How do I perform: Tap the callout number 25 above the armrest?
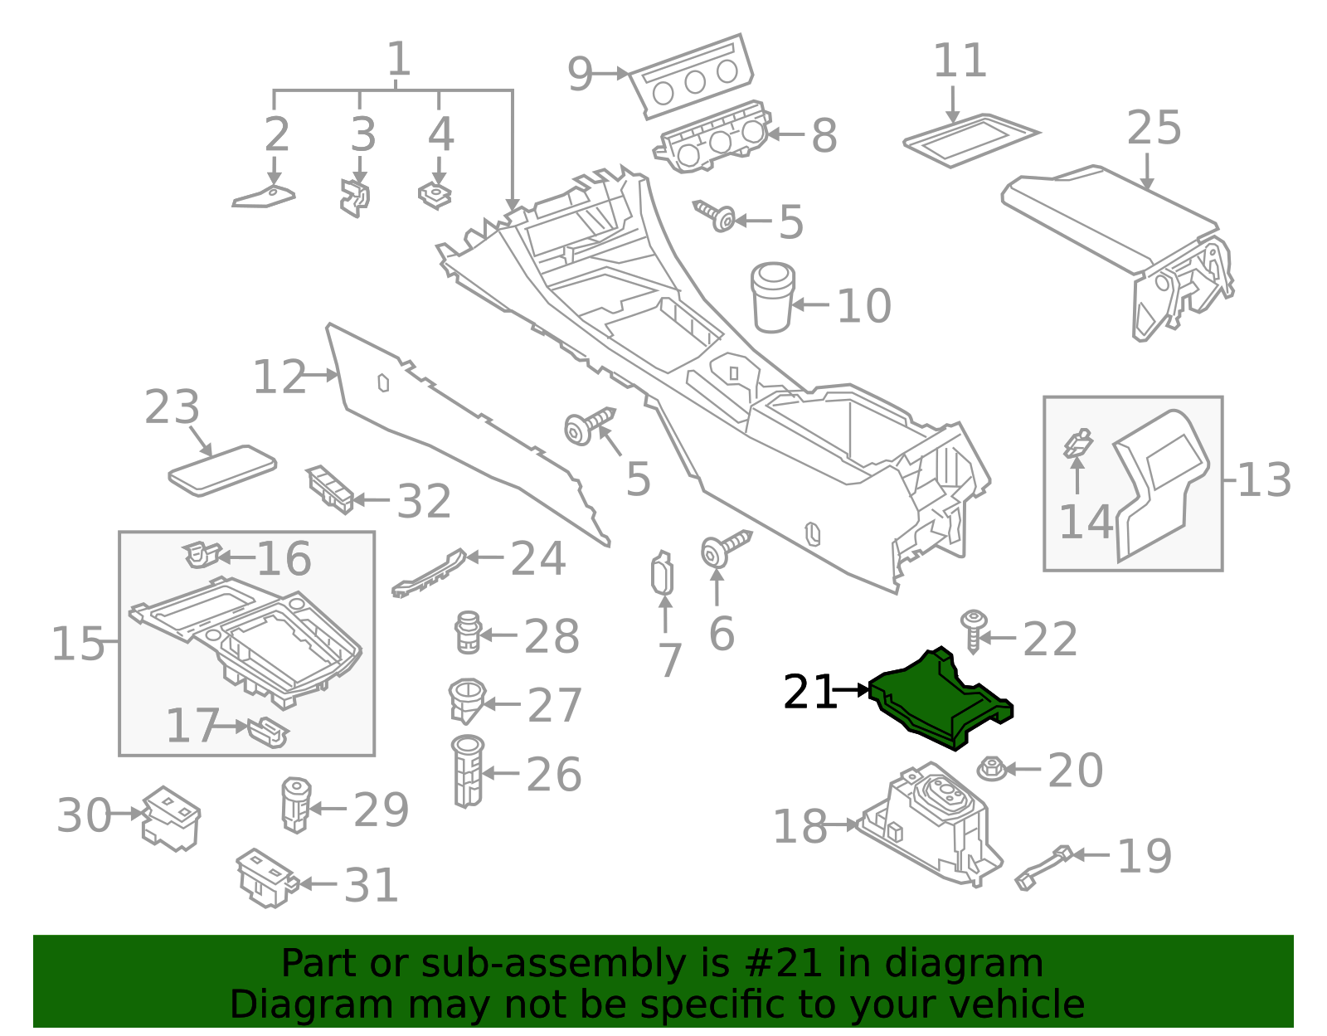click(x=1154, y=129)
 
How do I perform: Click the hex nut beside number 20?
click(x=991, y=769)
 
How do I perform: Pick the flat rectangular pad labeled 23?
click(x=222, y=470)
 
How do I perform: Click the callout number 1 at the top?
click(x=399, y=60)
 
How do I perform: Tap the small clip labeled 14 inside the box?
click(x=1078, y=444)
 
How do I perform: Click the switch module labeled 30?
click(x=171, y=818)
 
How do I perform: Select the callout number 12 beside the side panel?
click(x=279, y=377)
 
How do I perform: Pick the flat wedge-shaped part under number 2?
click(x=264, y=197)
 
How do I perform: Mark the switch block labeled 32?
click(x=331, y=489)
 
